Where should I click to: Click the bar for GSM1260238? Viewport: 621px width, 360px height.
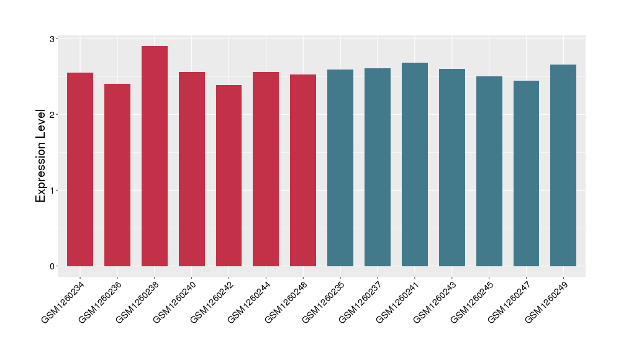[155, 156]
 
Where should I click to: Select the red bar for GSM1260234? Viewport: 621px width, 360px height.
[80, 169]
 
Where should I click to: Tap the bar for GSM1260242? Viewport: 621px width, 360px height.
[229, 176]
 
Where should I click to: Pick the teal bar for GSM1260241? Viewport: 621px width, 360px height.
[415, 164]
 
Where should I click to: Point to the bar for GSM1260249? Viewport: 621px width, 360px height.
[563, 165]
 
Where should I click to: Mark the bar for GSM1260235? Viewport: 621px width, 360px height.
[340, 168]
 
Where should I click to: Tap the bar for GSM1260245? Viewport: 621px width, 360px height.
[489, 171]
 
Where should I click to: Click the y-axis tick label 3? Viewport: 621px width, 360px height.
[53, 39]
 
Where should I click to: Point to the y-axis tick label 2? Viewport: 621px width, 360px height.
[53, 115]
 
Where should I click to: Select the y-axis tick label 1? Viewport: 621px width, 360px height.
[53, 191]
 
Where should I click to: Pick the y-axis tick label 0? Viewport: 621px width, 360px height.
[53, 266]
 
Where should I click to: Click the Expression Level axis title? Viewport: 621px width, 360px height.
[41, 156]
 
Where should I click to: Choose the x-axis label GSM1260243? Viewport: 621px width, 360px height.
[434, 302]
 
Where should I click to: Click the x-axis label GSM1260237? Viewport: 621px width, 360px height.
[360, 302]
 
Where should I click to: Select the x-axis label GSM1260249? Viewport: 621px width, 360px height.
[546, 302]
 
